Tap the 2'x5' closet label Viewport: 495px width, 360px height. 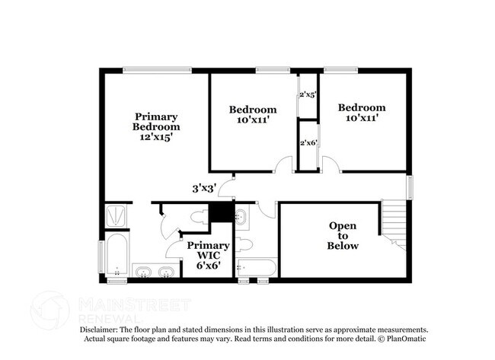(x=308, y=94)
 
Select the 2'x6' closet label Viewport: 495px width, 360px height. (x=308, y=142)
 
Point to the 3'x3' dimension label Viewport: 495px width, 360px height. (x=204, y=188)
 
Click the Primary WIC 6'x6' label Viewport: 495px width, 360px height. (x=209, y=255)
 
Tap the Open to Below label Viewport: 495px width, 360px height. (x=343, y=235)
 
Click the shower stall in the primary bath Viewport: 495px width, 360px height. (x=116, y=216)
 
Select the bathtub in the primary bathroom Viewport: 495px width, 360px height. (x=117, y=254)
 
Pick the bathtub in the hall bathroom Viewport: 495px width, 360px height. (x=257, y=268)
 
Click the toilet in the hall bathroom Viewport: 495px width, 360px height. (x=244, y=244)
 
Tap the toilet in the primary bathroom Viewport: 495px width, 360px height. (x=200, y=218)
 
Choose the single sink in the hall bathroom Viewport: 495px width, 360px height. (x=242, y=217)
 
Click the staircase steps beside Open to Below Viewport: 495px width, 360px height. (x=394, y=225)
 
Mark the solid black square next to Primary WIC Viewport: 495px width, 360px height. (x=222, y=212)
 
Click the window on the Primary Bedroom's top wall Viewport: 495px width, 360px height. (x=157, y=70)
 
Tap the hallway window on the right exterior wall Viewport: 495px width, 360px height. (x=410, y=187)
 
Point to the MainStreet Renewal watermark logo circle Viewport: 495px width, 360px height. (x=50, y=311)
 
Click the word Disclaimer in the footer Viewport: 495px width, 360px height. (x=98, y=330)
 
